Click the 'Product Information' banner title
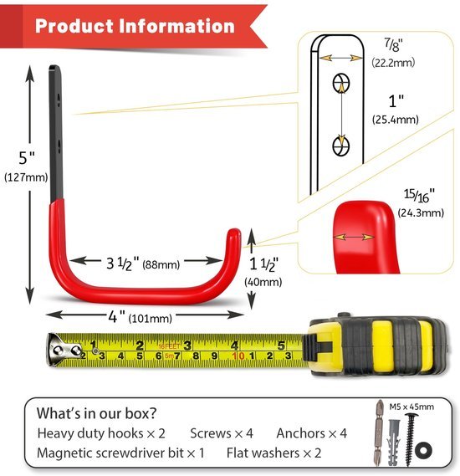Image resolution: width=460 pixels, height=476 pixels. [x=135, y=25]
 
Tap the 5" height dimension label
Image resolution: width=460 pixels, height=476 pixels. [x=27, y=158]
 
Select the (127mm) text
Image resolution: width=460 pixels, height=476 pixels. [x=26, y=177]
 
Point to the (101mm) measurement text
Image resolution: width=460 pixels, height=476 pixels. [x=151, y=319]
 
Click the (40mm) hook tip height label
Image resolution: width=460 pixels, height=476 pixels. [x=263, y=282]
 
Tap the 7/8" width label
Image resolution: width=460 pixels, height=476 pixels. [x=394, y=44]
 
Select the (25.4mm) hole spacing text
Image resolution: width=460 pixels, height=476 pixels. [x=396, y=120]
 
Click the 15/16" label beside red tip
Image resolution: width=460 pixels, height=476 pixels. [x=419, y=196]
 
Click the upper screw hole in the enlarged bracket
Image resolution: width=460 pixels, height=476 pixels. [x=341, y=83]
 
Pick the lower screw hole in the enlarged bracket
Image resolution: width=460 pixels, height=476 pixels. [x=341, y=146]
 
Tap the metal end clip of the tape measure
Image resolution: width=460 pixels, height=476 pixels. [x=63, y=350]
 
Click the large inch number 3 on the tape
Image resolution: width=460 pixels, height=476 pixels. [x=187, y=345]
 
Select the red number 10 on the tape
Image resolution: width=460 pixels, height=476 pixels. [x=238, y=356]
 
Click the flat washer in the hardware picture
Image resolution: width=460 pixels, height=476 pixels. [x=422, y=450]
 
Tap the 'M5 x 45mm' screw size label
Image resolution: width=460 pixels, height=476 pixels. [x=411, y=407]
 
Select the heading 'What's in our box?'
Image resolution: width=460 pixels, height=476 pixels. [x=96, y=413]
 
